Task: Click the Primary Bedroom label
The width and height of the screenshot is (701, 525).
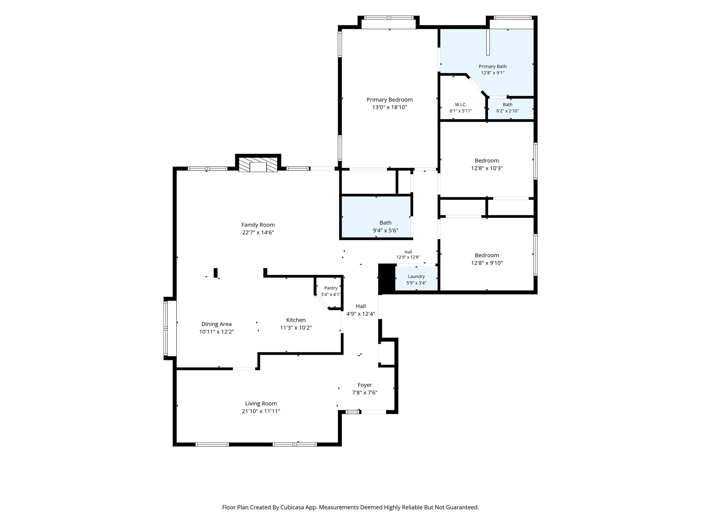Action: pyautogui.click(x=390, y=100)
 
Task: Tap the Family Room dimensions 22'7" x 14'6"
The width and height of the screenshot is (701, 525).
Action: pyautogui.click(x=258, y=232)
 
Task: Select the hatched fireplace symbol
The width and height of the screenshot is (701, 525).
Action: pyautogui.click(x=258, y=165)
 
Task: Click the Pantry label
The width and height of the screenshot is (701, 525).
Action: pyautogui.click(x=331, y=288)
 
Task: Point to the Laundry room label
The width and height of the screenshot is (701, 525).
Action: pyautogui.click(x=416, y=277)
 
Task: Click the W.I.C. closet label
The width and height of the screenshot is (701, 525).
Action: pyautogui.click(x=461, y=105)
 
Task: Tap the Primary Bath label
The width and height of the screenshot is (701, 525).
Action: pyautogui.click(x=493, y=66)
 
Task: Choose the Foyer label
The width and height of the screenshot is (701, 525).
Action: pyautogui.click(x=365, y=385)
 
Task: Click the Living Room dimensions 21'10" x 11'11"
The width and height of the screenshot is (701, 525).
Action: pyautogui.click(x=261, y=411)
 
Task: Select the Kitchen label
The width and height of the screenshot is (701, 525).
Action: pyautogui.click(x=296, y=320)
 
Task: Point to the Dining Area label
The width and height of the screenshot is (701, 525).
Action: pyautogui.click(x=217, y=324)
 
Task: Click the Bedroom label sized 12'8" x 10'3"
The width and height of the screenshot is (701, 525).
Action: pyautogui.click(x=487, y=161)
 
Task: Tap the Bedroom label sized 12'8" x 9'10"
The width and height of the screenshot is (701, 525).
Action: pyautogui.click(x=487, y=255)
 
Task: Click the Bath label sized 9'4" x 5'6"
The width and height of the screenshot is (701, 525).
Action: pyautogui.click(x=385, y=223)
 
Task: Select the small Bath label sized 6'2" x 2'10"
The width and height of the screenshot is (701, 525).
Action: pyautogui.click(x=508, y=105)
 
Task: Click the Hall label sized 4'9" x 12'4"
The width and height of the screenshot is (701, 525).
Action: pyautogui.click(x=361, y=306)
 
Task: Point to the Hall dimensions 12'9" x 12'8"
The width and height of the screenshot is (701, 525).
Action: pyautogui.click(x=408, y=257)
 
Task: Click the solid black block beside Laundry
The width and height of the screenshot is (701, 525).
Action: pyautogui.click(x=387, y=279)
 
